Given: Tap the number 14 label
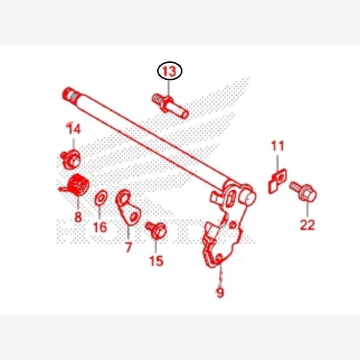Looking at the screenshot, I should (74, 129).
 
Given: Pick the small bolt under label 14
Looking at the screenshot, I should (71, 158).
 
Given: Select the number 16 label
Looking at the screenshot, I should (100, 227).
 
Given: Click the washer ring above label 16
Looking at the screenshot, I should (101, 197).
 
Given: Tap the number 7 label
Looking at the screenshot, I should (128, 247).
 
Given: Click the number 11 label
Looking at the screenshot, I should (277, 146).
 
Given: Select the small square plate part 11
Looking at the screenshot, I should (274, 183).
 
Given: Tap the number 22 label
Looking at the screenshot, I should (307, 225).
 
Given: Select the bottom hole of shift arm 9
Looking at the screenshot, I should (218, 258).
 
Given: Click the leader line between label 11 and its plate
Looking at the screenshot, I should (277, 163).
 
